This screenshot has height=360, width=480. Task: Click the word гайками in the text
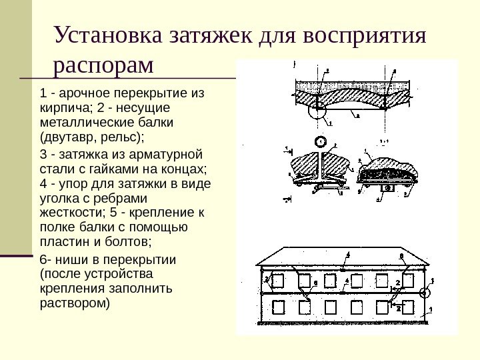(120, 169)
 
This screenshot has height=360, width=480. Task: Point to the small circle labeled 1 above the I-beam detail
(320, 142)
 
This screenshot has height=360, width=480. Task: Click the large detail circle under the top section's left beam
(317, 113)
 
